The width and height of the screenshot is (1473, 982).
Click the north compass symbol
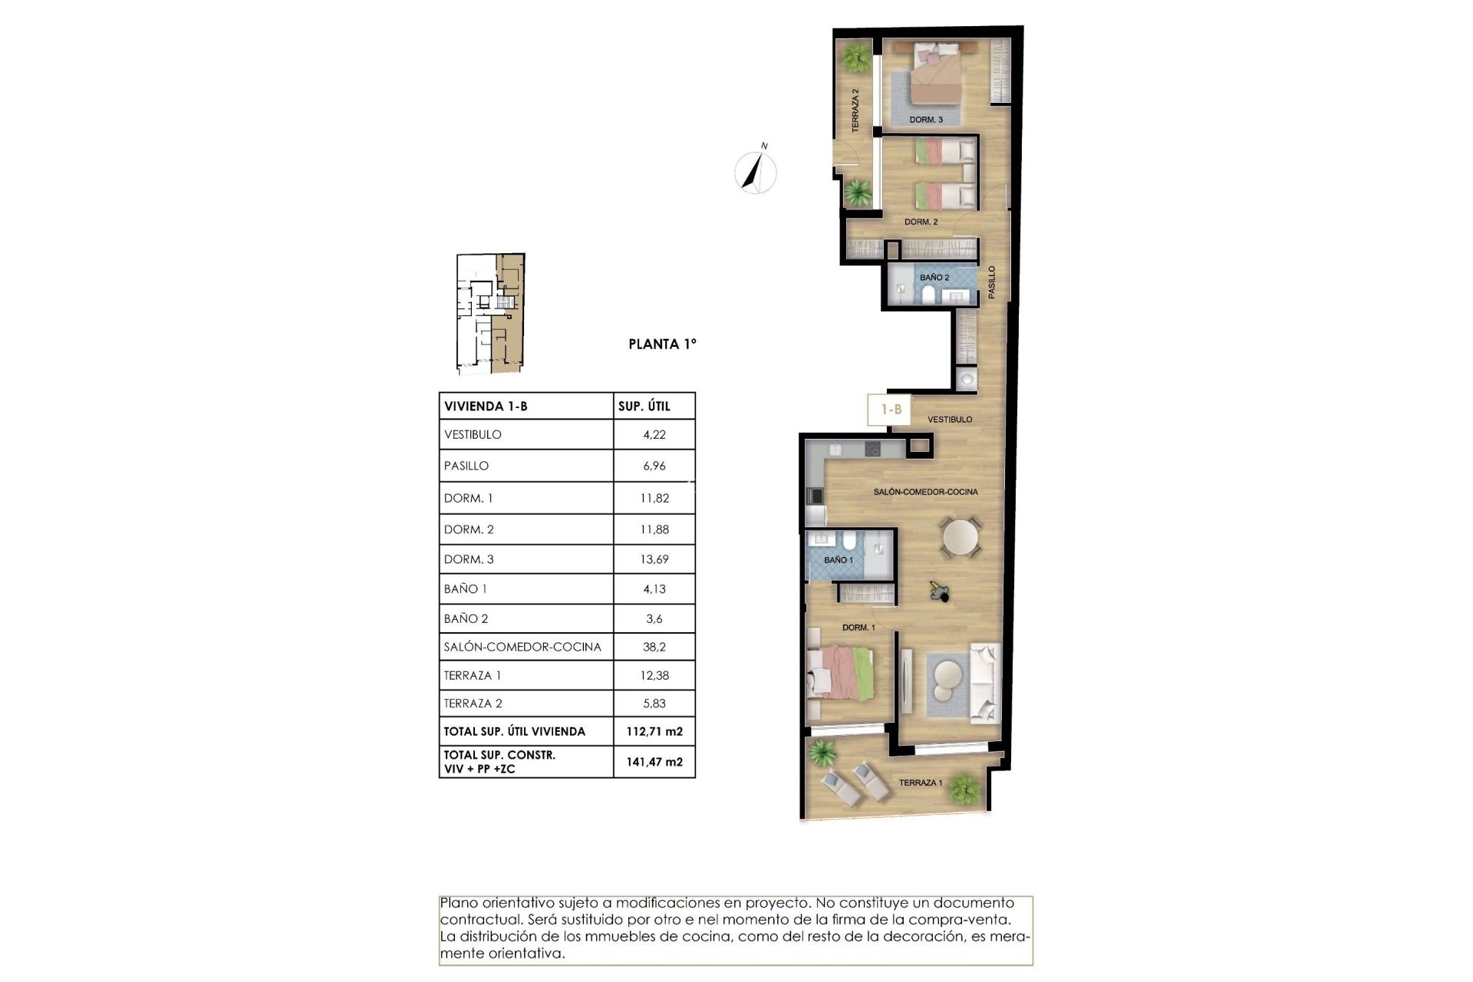click(x=755, y=171)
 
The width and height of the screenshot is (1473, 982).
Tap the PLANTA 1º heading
click(x=662, y=344)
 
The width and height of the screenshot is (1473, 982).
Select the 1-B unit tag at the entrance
click(x=891, y=410)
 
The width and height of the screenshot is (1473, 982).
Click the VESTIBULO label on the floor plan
click(x=949, y=420)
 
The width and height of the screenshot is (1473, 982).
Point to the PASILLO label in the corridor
click(x=991, y=282)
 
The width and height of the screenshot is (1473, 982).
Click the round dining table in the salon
click(x=961, y=538)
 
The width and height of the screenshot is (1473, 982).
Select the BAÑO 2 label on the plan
click(x=934, y=278)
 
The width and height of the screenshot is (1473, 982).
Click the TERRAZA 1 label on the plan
click(x=920, y=783)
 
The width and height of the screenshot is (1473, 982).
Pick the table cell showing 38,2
click(x=654, y=647)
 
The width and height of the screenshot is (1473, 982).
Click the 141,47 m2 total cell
click(x=654, y=762)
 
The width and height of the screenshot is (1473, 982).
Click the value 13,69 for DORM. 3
click(x=654, y=559)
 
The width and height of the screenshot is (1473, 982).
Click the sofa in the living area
click(x=985, y=683)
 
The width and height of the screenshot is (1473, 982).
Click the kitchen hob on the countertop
click(x=874, y=450)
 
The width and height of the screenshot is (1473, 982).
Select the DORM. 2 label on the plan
click(x=921, y=222)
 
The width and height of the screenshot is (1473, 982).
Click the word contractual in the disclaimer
click(x=476, y=920)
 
